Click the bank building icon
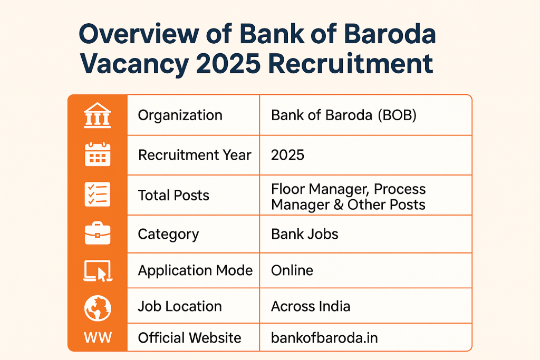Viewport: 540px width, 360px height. click(98, 115)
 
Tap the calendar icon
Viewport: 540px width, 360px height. click(98, 155)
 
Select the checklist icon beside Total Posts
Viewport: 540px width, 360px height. click(98, 194)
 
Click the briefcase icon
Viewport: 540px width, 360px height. click(98, 233)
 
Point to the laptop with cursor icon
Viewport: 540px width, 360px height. click(98, 270)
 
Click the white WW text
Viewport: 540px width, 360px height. click(98, 337)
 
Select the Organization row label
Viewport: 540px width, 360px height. click(180, 115)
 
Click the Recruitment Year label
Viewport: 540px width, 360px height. click(195, 155)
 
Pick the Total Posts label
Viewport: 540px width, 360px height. click(173, 195)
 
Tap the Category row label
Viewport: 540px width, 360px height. click(168, 234)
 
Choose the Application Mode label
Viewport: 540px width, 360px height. click(195, 270)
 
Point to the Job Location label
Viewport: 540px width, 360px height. click(180, 306)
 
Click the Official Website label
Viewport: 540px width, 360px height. click(189, 338)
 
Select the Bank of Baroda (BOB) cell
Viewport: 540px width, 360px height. click(344, 115)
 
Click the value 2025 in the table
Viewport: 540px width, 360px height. click(287, 155)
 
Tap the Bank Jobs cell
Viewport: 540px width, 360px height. click(304, 234)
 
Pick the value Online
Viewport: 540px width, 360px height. click(292, 270)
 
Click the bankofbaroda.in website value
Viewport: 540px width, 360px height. click(324, 338)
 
